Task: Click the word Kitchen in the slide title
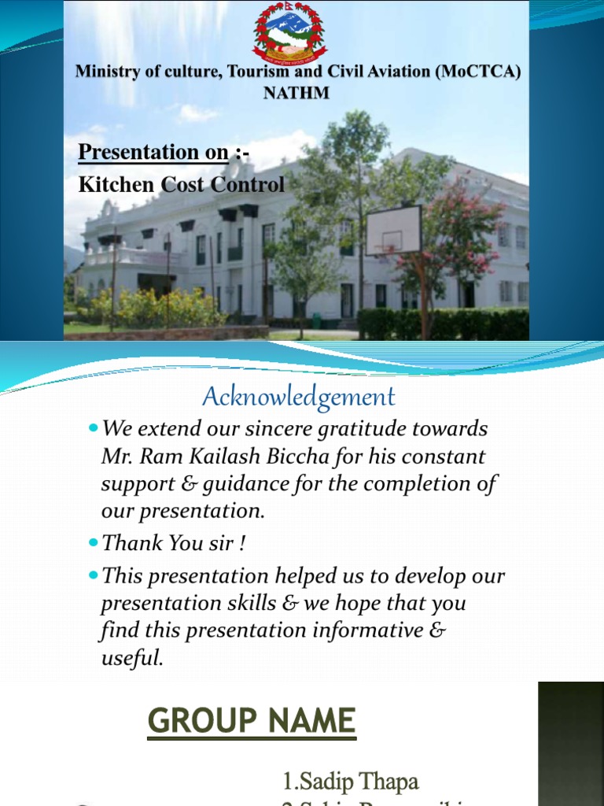point(110,185)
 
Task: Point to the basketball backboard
point(393,230)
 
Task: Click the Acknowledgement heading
point(298,396)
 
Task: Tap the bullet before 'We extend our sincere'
point(93,429)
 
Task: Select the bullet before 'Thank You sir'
point(93,542)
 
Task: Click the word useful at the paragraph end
point(131,658)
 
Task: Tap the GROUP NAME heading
point(252,721)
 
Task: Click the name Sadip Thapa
point(351,782)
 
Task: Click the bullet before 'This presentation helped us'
point(93,575)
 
